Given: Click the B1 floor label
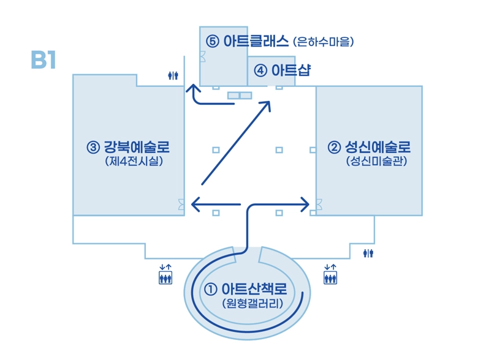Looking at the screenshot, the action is pos(44,60).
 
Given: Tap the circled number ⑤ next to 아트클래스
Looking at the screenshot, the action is pos(213,41).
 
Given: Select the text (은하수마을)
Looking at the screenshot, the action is pos(323,42).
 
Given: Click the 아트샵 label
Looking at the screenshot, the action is pos(290,70).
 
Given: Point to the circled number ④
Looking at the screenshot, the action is pos(260,70).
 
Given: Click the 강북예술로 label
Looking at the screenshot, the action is pos(137,147).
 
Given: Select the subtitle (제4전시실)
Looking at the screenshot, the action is pos(134,161).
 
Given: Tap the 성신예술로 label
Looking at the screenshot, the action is pos(378,147).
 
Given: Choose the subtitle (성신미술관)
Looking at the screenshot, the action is pos(376,161).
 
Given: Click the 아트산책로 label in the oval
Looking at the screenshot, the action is pos(254,289).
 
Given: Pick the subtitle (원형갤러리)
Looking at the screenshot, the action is pos(252,303).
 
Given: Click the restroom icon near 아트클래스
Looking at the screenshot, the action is pos(173,75).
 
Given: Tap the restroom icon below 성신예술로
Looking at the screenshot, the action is pos(368,253).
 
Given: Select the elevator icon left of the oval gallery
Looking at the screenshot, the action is pos(165,274).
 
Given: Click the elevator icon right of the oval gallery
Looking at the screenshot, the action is pos(330,274).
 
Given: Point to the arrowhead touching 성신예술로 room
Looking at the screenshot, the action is pos(305,204).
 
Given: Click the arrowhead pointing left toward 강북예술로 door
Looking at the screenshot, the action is pos(196,204).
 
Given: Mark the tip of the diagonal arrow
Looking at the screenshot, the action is pos(270,102).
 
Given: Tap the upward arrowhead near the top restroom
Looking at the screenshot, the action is pos(193,88).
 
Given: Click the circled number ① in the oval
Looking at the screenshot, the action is pos(211,290).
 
